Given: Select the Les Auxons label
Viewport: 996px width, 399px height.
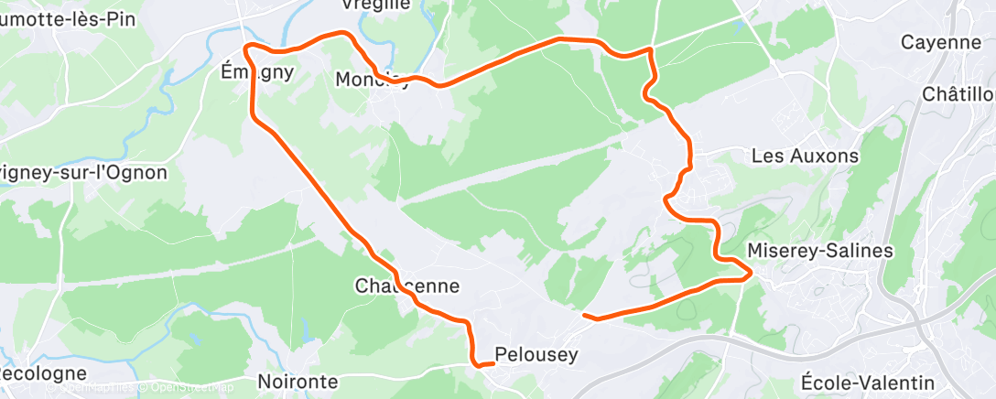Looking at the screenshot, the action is tap(805, 156).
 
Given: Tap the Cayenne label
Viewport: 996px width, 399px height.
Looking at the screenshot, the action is tap(940, 42).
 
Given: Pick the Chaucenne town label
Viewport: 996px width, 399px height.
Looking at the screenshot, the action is tap(406, 286).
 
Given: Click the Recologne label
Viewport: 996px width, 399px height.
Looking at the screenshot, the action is tap(42, 374).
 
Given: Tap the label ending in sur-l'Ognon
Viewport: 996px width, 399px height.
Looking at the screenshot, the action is tap(83, 172).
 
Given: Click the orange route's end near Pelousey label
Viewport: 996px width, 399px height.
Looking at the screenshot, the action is tap(493, 363).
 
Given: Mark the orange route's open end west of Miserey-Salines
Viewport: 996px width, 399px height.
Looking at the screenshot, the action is tap(584, 316).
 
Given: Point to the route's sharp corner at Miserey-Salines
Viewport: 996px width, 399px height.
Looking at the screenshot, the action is tap(751, 272).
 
